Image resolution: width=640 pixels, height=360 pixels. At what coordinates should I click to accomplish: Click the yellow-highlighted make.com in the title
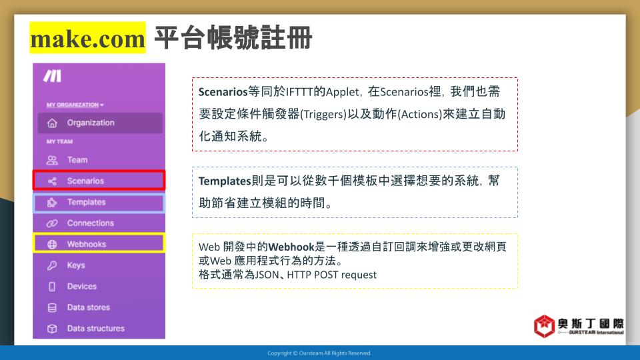87,38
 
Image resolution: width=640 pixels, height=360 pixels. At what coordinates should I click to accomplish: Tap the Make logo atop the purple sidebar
53,76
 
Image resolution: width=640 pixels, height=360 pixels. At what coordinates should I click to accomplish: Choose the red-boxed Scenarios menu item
99,181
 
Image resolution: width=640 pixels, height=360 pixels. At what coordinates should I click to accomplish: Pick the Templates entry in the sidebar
99,202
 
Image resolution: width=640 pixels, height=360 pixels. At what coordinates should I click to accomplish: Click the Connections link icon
52,223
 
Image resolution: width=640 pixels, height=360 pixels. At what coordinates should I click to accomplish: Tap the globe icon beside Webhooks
52,244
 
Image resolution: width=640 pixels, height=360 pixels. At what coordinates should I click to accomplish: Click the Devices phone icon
52,287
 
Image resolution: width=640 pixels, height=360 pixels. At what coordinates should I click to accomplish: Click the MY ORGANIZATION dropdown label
75,105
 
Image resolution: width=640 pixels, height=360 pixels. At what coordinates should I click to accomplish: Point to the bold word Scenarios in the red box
223,92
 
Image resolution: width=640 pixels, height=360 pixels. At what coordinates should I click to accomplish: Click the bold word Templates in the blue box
225,181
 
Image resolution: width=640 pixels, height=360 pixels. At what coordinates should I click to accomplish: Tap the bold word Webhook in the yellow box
291,247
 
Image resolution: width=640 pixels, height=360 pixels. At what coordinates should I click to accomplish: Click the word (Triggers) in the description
323,114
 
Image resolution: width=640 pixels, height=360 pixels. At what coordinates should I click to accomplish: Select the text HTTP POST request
331,275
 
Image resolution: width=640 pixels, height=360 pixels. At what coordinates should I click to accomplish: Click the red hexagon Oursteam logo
544,326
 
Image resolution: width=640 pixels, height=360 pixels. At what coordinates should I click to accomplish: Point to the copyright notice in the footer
319,353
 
